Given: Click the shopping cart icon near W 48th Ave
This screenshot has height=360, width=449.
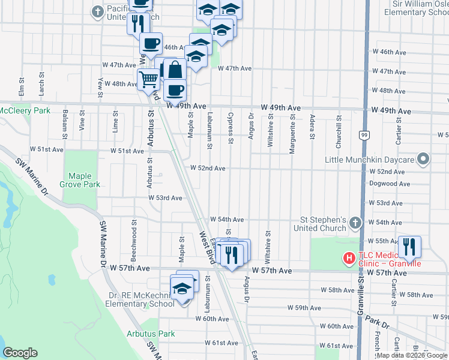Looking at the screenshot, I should [148, 79].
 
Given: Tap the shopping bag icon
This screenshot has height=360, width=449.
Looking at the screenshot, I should [174, 70].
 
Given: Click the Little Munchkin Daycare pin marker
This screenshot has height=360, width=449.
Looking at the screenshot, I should [423, 160].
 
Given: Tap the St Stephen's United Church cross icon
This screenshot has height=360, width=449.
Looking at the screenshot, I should [355, 223].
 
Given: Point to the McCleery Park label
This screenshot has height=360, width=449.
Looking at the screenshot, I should [25, 111].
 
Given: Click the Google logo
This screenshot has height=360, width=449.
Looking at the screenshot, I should [20, 353].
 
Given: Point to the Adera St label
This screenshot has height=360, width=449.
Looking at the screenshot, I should [312, 127].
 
